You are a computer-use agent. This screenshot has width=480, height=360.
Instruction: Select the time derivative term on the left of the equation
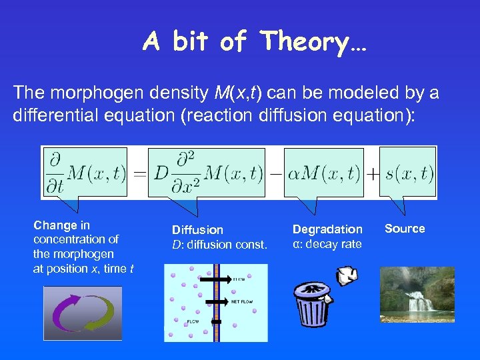click(85, 173)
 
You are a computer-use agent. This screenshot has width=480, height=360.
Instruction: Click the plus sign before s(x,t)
click(373, 175)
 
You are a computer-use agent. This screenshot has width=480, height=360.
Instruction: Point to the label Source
click(405, 229)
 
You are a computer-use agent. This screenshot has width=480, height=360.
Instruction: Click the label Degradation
click(327, 229)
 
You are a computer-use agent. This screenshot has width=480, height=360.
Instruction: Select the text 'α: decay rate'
click(327, 244)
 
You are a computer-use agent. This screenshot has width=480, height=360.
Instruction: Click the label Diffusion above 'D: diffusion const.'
click(197, 229)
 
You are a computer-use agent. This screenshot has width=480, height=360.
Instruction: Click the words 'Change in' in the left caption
click(61, 225)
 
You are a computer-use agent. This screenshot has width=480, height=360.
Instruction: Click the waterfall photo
click(417, 295)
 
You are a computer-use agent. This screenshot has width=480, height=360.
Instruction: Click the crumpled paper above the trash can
click(347, 274)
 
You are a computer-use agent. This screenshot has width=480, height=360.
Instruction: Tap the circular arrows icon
click(83, 313)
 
